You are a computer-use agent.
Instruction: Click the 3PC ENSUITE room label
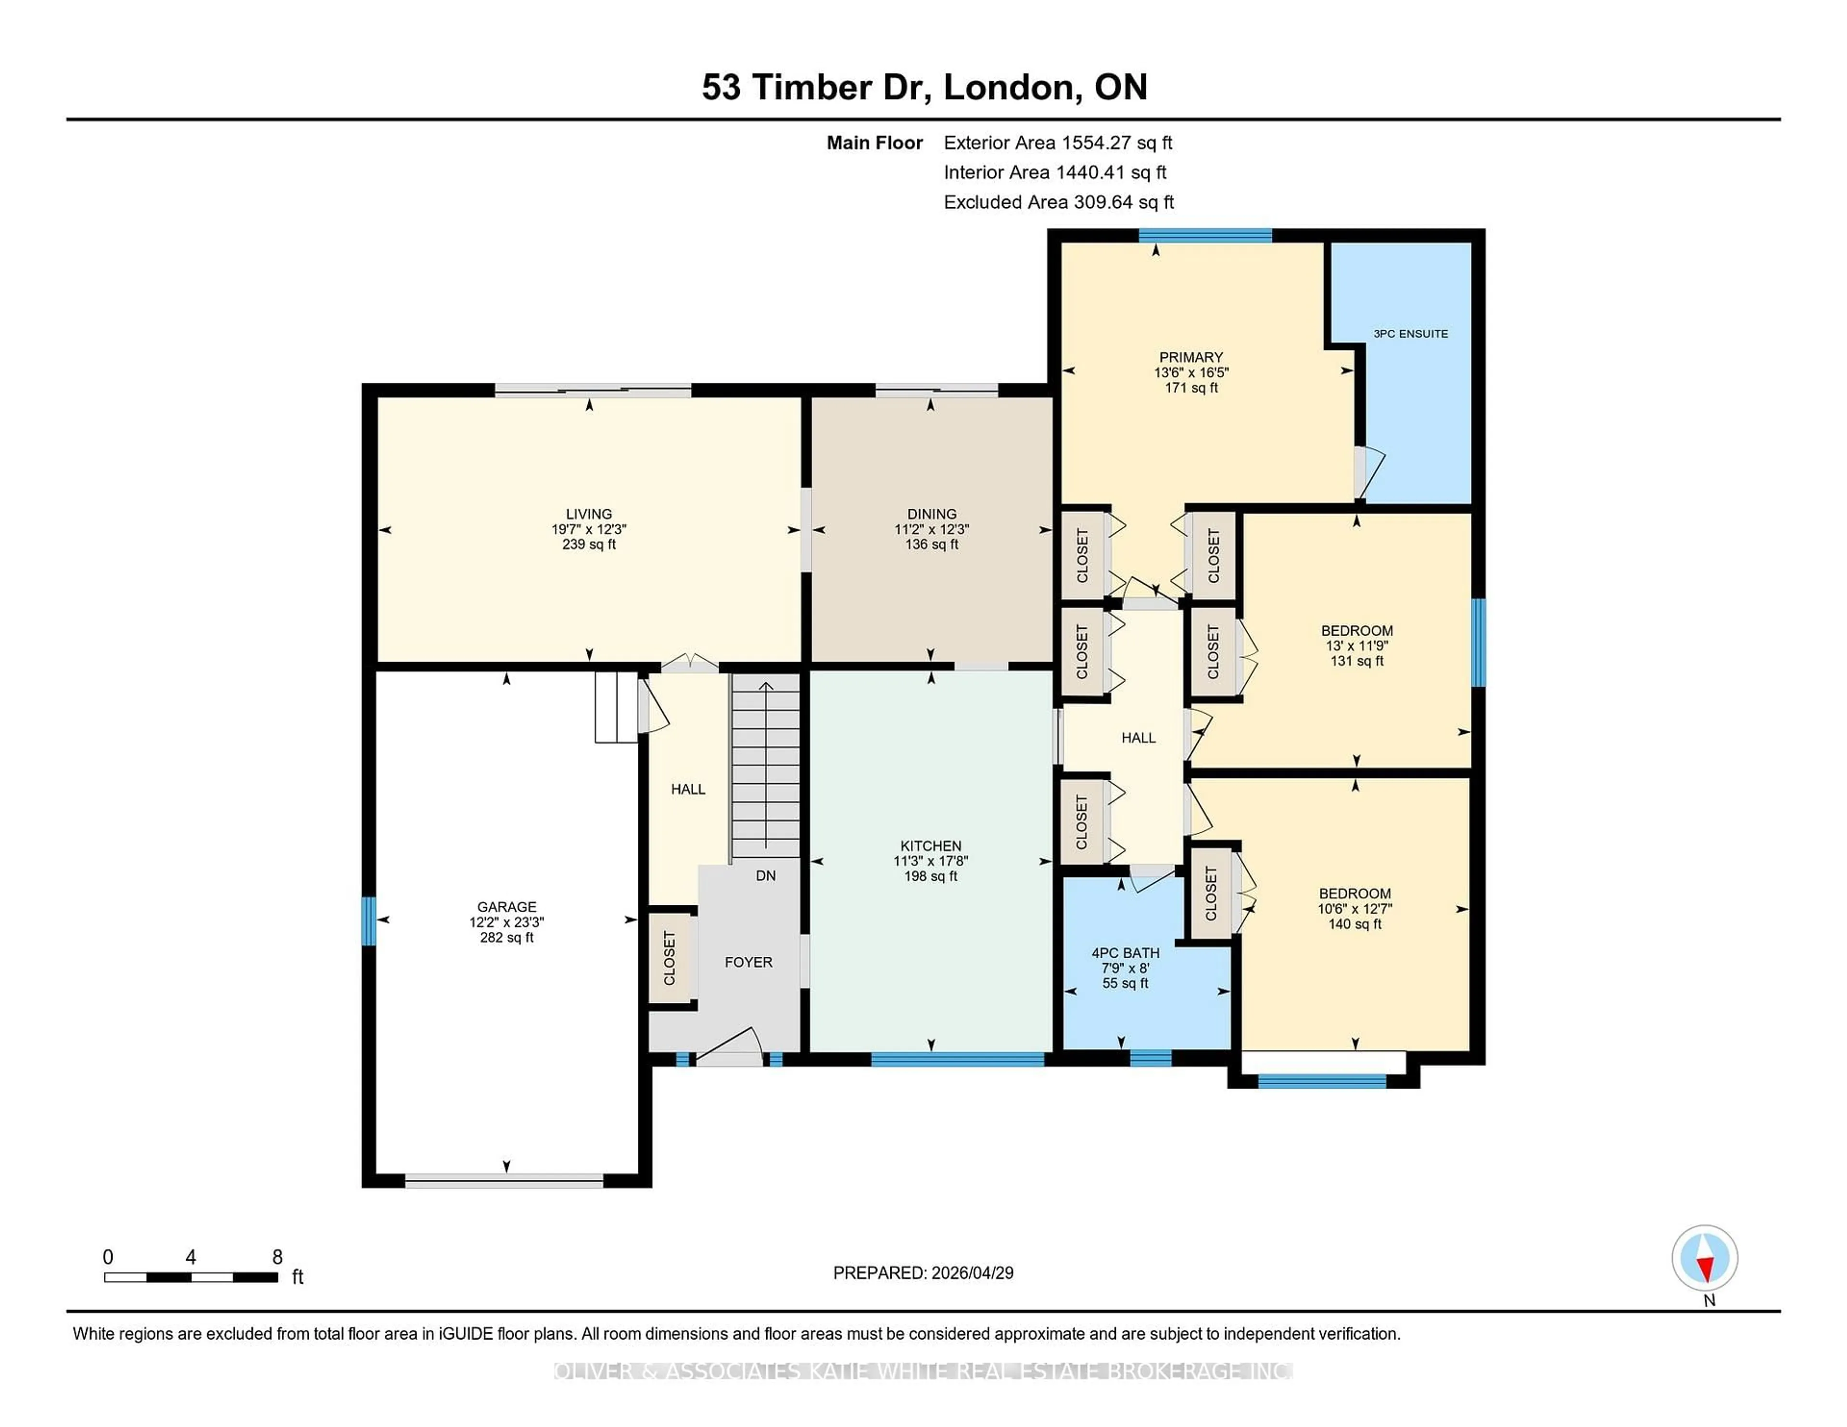point(1410,334)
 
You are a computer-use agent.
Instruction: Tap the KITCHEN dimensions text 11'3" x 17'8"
point(930,861)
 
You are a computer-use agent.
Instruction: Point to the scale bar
point(191,1277)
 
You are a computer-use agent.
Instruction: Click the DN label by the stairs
point(765,876)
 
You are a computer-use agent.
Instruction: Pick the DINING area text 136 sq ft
point(931,544)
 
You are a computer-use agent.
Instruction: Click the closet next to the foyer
point(670,958)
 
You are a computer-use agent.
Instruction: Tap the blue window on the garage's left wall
point(368,921)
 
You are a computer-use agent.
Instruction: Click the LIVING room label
point(589,514)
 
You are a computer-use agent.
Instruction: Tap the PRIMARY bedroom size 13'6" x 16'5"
point(1191,372)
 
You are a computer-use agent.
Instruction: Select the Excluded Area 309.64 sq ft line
point(1058,202)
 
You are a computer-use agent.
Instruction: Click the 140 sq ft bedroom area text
point(1354,924)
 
